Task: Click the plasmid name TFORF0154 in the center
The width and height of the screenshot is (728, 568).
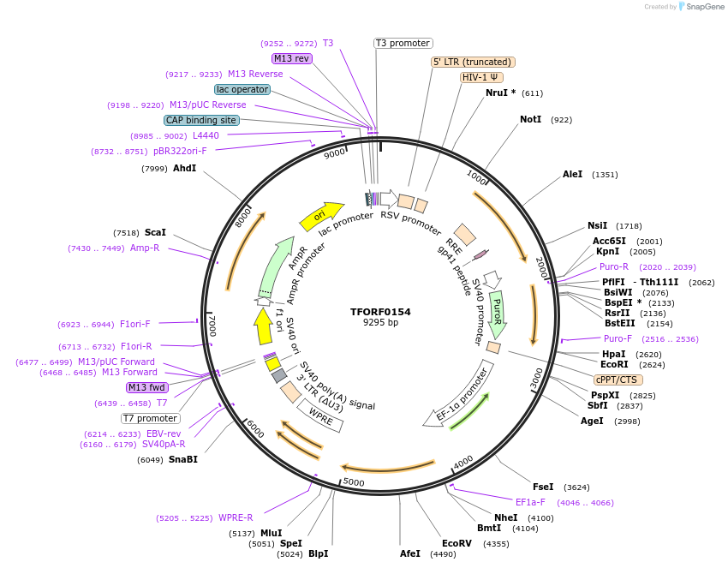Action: (x=380, y=312)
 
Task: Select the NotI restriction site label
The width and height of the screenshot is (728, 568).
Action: (x=531, y=119)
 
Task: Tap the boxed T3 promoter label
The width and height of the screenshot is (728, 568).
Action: (x=403, y=43)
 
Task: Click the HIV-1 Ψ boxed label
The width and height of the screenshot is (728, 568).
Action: (x=482, y=77)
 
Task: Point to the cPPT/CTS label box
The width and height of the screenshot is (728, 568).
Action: (x=617, y=380)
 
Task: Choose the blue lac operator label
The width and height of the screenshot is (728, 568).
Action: (x=242, y=89)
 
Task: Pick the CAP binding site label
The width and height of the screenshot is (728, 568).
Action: (x=201, y=121)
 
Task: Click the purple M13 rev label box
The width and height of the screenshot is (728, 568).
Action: (x=291, y=58)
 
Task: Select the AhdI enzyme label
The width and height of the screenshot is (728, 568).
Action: (x=185, y=169)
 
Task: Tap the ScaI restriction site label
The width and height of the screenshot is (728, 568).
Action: (x=155, y=232)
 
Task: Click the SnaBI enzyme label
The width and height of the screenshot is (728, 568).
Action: (x=183, y=460)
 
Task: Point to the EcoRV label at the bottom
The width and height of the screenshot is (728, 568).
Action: (x=456, y=543)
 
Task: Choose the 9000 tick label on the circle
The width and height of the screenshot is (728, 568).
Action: (x=335, y=152)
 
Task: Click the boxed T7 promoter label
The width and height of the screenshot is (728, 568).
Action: (x=150, y=419)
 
